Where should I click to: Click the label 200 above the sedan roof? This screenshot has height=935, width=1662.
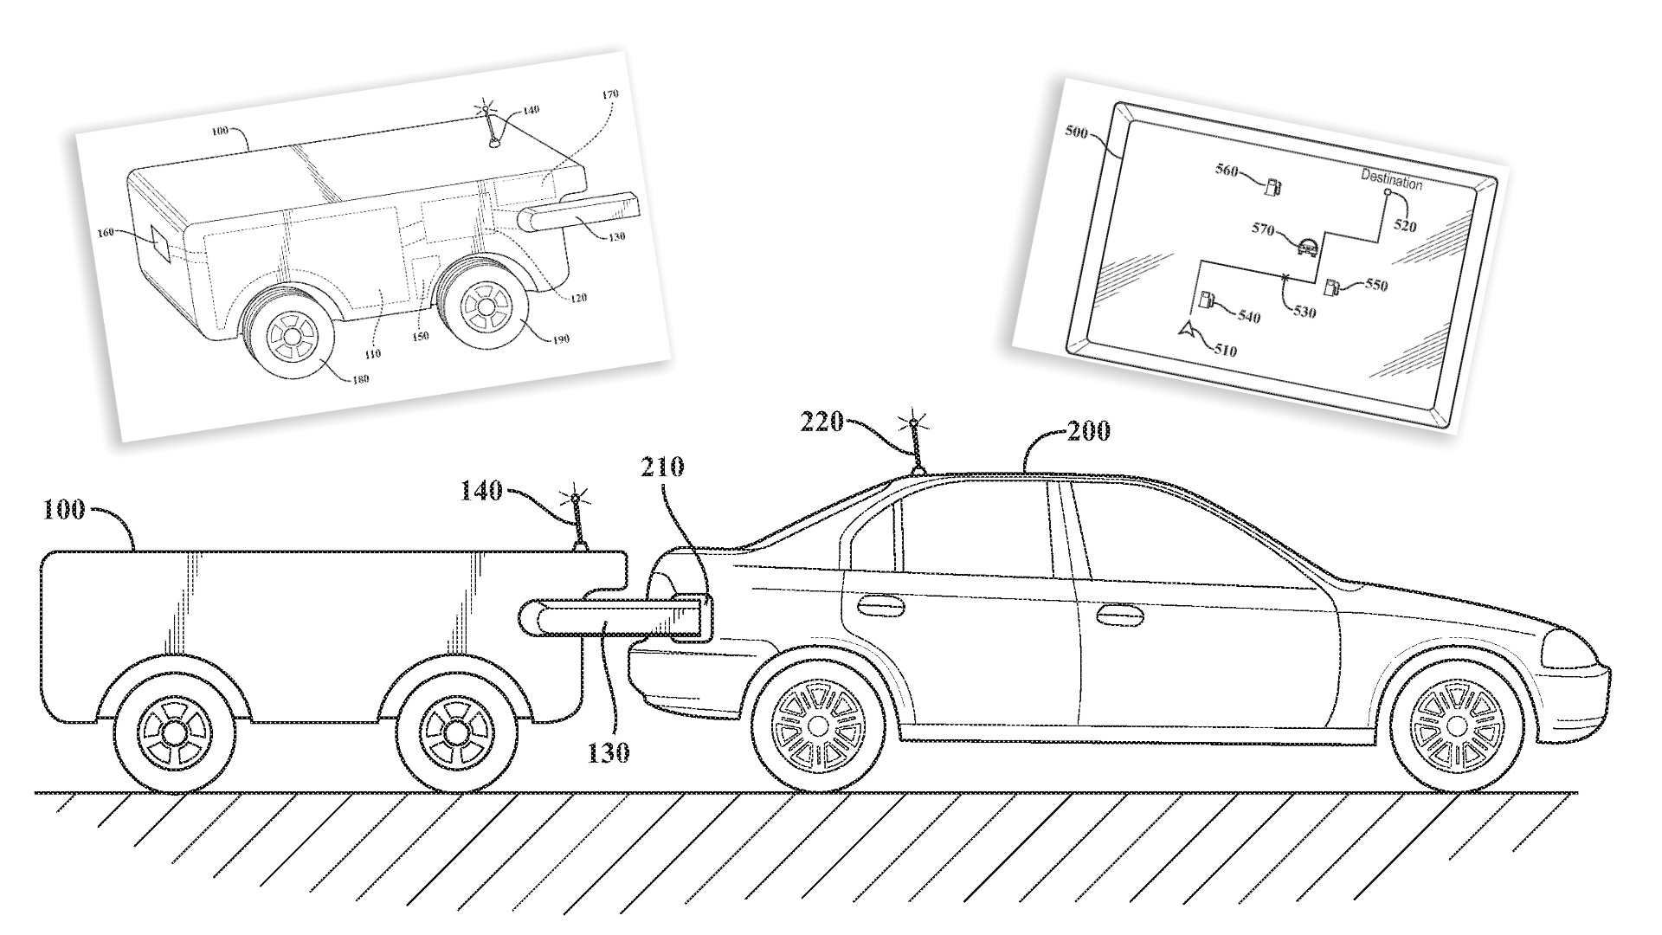click(1089, 430)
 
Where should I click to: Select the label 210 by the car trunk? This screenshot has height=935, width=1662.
click(662, 467)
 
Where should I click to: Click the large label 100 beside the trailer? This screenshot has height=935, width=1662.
click(64, 509)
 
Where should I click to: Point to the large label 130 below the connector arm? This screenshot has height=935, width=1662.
click(609, 752)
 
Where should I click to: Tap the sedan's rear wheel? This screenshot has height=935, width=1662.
click(817, 721)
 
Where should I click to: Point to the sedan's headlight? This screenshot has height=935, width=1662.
click(1570, 650)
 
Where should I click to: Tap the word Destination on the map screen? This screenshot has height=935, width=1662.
click(1391, 182)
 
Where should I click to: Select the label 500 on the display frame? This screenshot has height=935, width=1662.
click(1076, 133)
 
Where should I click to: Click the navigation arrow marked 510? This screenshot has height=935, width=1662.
click(1185, 330)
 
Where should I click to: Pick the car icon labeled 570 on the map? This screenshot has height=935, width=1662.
click(1307, 248)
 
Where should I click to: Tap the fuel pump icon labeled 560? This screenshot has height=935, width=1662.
click(1273, 185)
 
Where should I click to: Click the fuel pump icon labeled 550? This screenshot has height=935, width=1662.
click(1334, 287)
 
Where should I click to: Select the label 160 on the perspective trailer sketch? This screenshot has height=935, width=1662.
click(106, 233)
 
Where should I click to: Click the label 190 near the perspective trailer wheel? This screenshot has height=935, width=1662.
click(561, 339)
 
